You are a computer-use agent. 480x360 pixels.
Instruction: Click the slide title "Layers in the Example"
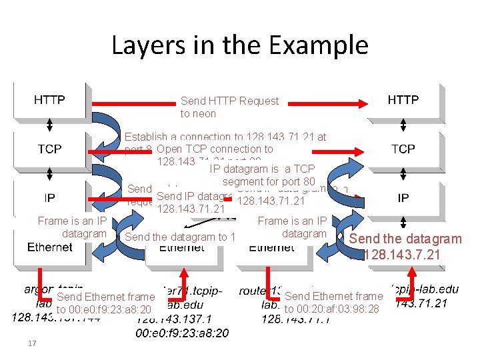(239, 45)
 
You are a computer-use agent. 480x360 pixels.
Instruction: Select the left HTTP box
(50, 100)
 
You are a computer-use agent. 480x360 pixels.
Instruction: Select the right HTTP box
(403, 100)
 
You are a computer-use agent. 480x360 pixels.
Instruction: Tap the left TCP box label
(50, 149)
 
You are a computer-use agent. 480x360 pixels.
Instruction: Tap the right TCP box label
(403, 149)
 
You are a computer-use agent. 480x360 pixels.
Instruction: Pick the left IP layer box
(50, 198)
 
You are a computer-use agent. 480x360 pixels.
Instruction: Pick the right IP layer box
(403, 198)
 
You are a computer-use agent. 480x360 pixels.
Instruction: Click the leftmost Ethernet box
(50, 247)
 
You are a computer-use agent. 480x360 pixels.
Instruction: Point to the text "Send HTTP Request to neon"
(229, 107)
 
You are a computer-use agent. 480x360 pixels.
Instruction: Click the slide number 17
(31, 344)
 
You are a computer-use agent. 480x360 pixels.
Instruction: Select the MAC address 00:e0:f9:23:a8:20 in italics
(181, 333)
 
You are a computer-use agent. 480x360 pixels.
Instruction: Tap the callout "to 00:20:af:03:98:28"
(331, 309)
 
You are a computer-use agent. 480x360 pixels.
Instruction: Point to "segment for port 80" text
(269, 181)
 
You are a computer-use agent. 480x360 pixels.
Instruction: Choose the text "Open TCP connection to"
(215, 149)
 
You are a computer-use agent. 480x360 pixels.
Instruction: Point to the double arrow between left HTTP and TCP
(50, 125)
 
